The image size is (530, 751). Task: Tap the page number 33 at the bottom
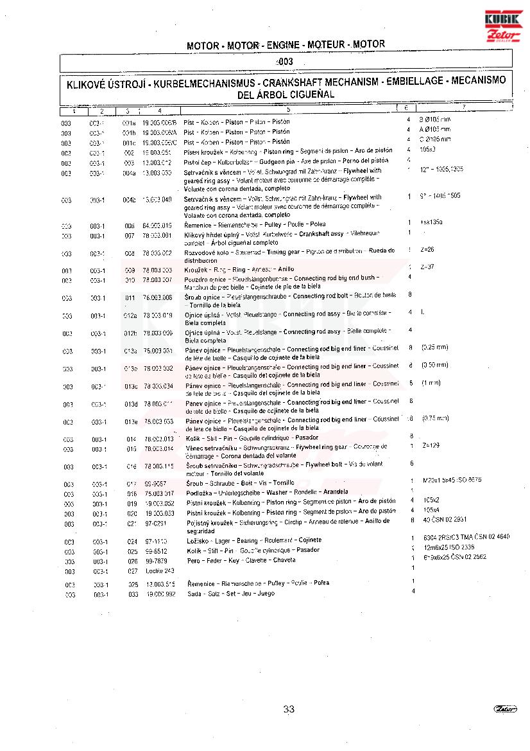point(289,709)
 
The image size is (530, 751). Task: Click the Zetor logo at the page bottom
point(506,709)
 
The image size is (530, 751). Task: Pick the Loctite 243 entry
point(160,570)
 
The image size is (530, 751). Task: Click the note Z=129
point(431,445)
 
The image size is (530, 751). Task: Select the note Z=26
point(427,249)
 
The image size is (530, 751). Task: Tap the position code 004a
point(129,173)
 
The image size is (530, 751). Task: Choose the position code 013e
point(131,422)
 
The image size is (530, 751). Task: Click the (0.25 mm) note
point(434,348)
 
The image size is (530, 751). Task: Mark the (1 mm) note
point(431,383)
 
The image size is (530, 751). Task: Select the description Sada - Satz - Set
point(231,594)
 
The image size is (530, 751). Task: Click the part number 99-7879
point(156,560)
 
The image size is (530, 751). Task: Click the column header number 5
point(288,110)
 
